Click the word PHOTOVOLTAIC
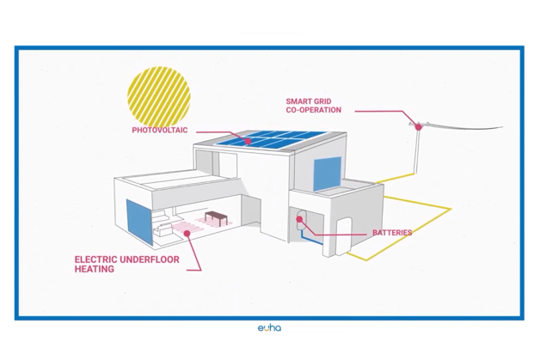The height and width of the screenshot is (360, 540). (x=159, y=131)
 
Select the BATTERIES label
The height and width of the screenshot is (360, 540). (x=391, y=233)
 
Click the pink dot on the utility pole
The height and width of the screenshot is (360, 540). (x=419, y=127)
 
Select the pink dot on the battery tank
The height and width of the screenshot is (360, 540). (x=299, y=219)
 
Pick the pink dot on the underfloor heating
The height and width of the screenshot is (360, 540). (x=188, y=230)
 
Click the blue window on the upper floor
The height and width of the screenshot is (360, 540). (x=326, y=175)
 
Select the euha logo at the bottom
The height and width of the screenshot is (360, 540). (x=269, y=327)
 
